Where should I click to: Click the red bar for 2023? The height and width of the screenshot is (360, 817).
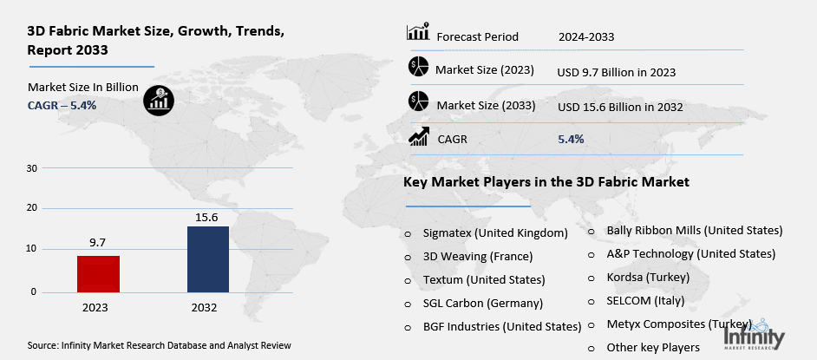(x=98, y=273)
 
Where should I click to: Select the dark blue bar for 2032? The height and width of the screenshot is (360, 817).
(x=208, y=259)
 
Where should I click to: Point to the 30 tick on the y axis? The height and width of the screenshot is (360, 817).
(x=31, y=167)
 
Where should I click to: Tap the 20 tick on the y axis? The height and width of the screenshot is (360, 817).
(x=31, y=208)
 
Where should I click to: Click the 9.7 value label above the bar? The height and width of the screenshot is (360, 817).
(x=98, y=244)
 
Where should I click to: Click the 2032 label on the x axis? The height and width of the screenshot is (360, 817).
(x=205, y=308)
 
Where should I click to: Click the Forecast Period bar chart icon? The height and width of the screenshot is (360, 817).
(x=418, y=34)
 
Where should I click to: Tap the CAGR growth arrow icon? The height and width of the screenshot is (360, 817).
(x=419, y=137)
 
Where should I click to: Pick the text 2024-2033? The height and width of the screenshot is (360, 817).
(x=587, y=36)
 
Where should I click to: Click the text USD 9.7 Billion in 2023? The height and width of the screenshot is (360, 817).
(x=616, y=72)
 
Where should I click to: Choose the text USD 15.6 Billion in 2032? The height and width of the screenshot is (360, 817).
(x=620, y=107)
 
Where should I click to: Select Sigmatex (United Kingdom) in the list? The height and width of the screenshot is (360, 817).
(x=495, y=233)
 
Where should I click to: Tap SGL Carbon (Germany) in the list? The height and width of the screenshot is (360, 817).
(x=483, y=304)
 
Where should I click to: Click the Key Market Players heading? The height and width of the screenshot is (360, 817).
(x=546, y=183)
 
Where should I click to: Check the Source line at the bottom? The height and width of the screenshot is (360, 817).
(x=160, y=345)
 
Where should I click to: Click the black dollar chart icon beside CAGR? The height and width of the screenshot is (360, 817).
(x=158, y=100)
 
